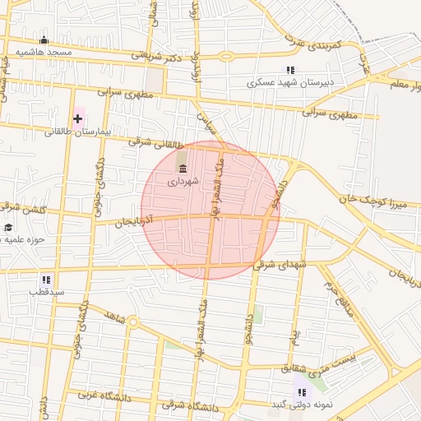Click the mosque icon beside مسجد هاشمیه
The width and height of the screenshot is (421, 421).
[x=44, y=40]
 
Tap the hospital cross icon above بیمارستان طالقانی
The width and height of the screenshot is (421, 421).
[x=78, y=118]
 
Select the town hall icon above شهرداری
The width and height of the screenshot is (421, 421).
[x=182, y=169]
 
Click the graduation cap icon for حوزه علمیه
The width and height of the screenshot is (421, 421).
[x=8, y=228]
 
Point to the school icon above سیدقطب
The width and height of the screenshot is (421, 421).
[x=45, y=280]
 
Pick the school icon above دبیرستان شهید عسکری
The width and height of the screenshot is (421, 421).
[x=289, y=71]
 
